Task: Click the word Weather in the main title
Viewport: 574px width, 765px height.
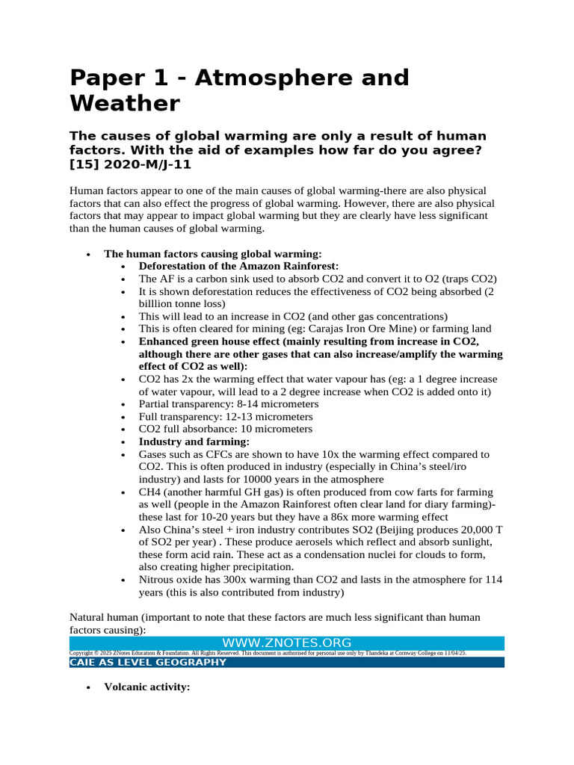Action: (x=125, y=102)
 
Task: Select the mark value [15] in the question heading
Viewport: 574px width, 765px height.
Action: (x=85, y=164)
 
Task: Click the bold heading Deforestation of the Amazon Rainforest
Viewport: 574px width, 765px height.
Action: (x=238, y=266)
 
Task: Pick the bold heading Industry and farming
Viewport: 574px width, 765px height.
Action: (x=184, y=442)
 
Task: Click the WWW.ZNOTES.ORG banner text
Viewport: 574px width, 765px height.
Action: (x=287, y=642)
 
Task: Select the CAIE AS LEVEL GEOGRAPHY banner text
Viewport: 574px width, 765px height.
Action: (x=148, y=662)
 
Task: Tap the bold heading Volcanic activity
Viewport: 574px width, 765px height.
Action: (x=147, y=687)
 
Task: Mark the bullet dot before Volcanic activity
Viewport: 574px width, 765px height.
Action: (x=88, y=687)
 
